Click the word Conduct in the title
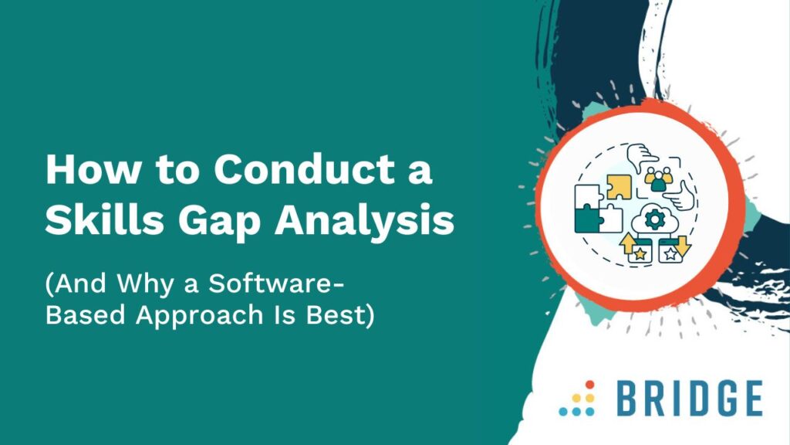coord(305,169)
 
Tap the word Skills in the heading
coord(105,220)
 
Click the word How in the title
coord(93,169)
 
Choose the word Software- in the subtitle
coord(277,283)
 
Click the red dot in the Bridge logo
coord(590,385)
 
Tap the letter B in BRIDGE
coord(629,399)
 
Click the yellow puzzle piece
coord(619,187)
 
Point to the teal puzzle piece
coord(586,220)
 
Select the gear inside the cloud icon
coord(654,219)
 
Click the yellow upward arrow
coord(628,243)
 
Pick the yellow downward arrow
coord(682,246)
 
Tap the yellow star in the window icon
coord(640,254)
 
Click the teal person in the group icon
coord(658,182)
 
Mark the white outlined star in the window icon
coord(670,254)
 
